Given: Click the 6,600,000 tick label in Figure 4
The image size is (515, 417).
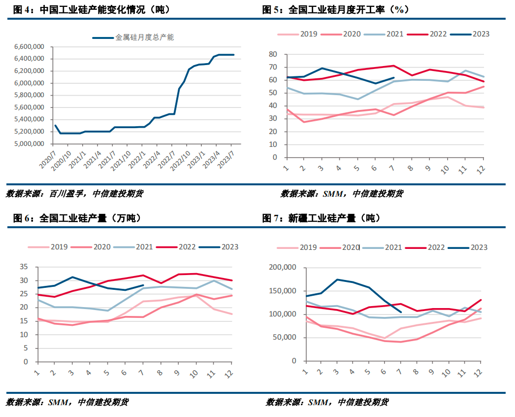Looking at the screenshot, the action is [29, 47].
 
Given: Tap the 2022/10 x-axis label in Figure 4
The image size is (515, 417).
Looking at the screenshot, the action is [180, 161].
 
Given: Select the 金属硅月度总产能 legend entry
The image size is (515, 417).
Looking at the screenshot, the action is [133, 37].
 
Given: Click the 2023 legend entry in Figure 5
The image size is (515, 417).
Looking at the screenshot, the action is [470, 34].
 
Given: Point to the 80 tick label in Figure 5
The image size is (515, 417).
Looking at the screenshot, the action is [273, 54].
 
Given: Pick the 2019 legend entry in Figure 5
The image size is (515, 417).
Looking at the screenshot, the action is [297, 34].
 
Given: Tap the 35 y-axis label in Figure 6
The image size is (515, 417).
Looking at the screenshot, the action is [24, 267].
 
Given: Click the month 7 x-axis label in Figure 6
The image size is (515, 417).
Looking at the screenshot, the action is [142, 373].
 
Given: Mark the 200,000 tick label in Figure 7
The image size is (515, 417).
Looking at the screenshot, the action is [283, 267].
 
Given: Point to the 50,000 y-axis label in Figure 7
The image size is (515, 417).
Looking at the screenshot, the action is [285, 338].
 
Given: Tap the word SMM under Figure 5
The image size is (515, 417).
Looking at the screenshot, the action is [333, 194].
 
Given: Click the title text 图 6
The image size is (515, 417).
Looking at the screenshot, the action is [22, 218].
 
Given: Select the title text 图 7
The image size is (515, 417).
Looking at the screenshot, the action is [271, 218].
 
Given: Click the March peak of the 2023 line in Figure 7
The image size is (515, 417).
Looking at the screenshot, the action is [337, 279].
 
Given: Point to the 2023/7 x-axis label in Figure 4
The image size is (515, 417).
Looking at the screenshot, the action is [226, 160].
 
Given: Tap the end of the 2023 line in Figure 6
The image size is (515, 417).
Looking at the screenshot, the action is [143, 285].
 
